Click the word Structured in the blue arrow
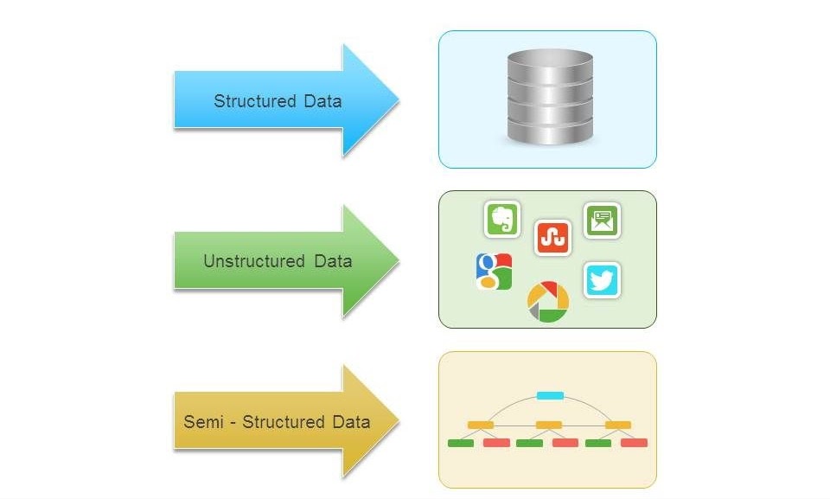point(255,101)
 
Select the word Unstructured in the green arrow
point(242,260)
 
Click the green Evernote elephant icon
point(502,220)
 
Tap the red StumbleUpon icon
point(553,237)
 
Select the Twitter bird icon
point(602,280)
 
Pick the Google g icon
point(494,271)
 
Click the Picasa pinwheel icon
point(548,302)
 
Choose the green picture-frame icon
point(602,221)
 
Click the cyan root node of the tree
point(550,396)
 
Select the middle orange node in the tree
point(549,425)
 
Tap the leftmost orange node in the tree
point(480,425)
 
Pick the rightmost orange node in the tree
point(618,425)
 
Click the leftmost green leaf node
point(461,443)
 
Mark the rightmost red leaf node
point(634,443)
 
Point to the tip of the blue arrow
point(398,100)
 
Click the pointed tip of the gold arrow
point(398,421)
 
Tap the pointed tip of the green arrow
point(398,260)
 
